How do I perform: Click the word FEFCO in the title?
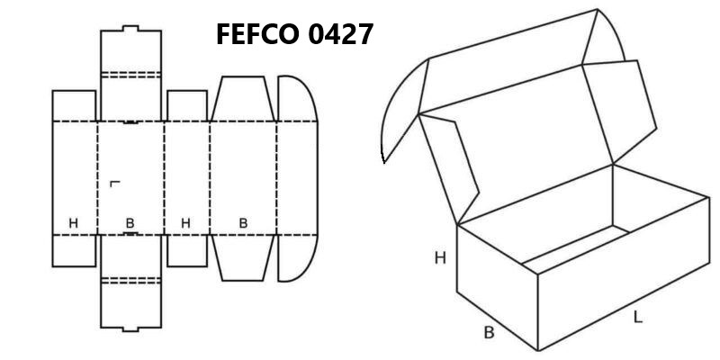pyautogui.click(x=258, y=34)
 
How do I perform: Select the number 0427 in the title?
pyautogui.click(x=340, y=34)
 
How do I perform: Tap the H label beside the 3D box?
pyautogui.click(x=440, y=258)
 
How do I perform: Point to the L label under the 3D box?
pyautogui.click(x=638, y=317)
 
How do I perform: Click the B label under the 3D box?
pyautogui.click(x=490, y=332)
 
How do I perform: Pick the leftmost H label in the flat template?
pyautogui.click(x=74, y=223)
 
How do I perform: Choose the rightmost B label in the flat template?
pyautogui.click(x=243, y=223)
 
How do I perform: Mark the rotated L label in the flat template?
pyautogui.click(x=115, y=184)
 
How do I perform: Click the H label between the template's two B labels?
pyautogui.click(x=185, y=223)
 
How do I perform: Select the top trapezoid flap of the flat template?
pyautogui.click(x=243, y=99)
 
